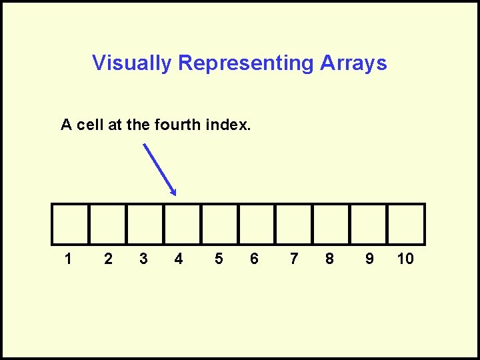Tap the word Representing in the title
click(246, 63)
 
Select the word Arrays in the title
click(353, 63)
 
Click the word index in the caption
click(228, 125)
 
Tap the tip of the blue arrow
click(175, 195)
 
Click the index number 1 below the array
click(68, 259)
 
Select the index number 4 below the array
click(178, 259)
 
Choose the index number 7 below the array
click(294, 259)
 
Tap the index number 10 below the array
click(405, 259)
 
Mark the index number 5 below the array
click(219, 259)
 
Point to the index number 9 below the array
click(369, 259)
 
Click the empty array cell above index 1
click(70, 224)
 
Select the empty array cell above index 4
click(182, 224)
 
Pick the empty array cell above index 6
click(257, 224)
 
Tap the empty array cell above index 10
click(406, 224)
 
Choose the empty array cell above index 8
click(331, 224)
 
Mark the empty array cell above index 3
click(145, 224)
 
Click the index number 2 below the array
click(108, 259)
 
